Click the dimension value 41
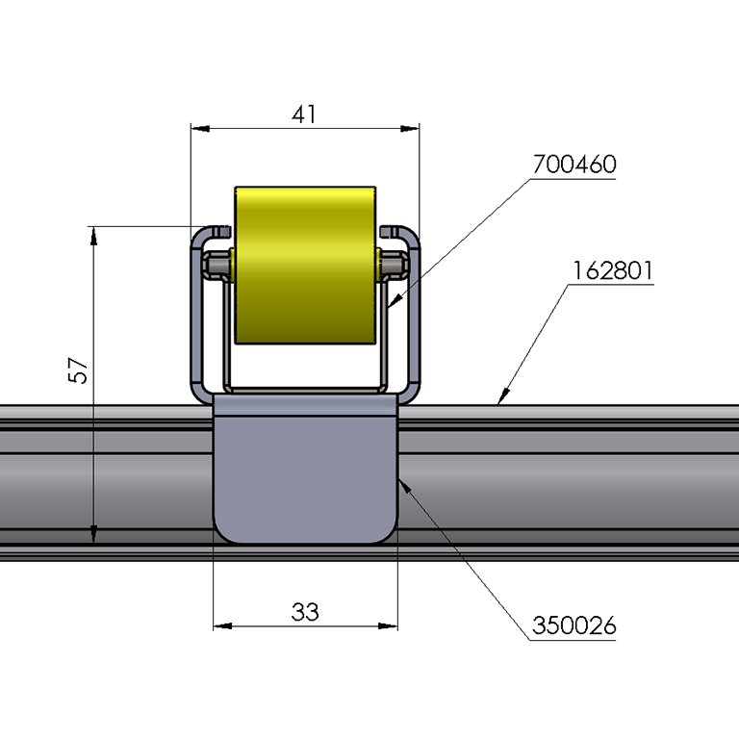click(x=304, y=115)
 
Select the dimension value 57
click(x=81, y=371)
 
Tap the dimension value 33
click(x=304, y=611)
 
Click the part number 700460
click(x=574, y=165)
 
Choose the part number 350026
click(x=574, y=626)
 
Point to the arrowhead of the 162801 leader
click(x=502, y=397)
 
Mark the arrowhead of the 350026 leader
click(x=403, y=482)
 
